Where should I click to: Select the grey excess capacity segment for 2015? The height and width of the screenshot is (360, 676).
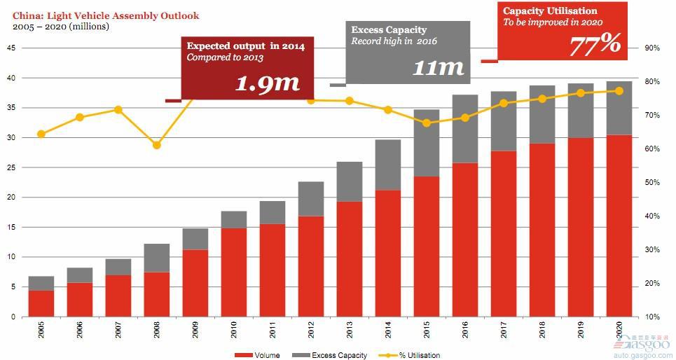[426, 143]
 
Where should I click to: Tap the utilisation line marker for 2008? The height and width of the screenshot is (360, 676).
[157, 145]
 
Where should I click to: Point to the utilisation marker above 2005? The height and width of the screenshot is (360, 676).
[41, 134]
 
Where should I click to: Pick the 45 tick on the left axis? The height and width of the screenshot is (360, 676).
[11, 48]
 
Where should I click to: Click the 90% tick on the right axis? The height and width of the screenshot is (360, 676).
[652, 48]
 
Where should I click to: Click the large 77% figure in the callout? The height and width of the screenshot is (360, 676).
[594, 43]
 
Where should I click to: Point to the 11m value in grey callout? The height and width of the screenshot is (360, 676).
[438, 67]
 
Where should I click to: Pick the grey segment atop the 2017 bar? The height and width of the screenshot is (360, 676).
[503, 121]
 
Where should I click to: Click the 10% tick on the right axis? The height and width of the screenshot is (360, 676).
[652, 317]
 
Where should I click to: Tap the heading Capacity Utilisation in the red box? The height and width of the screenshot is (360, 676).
[550, 11]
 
